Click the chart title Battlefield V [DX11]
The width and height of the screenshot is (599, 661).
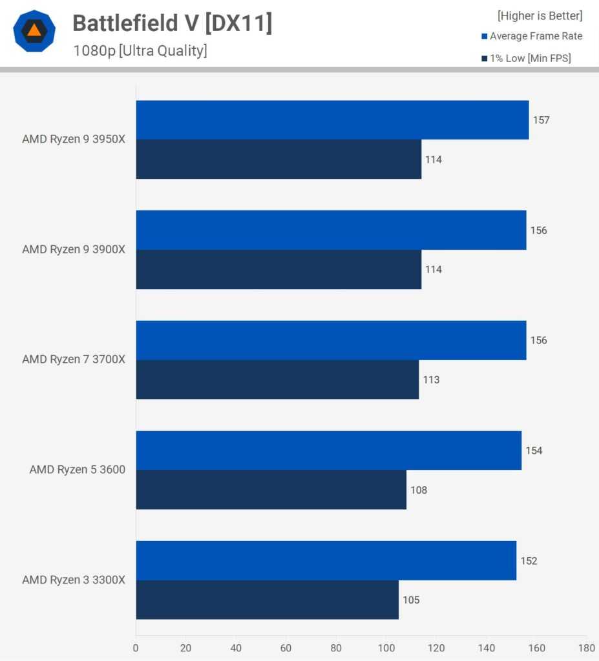(x=173, y=23)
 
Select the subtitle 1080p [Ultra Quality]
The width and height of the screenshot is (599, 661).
(x=140, y=51)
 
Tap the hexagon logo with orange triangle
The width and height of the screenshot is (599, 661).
(x=34, y=31)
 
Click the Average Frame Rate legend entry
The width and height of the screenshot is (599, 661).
(x=532, y=36)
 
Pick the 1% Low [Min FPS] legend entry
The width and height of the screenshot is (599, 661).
(x=526, y=58)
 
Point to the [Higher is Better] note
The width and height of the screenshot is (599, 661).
(x=540, y=15)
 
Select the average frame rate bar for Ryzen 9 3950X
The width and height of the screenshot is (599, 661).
(x=332, y=120)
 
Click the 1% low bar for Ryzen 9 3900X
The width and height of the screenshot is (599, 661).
(x=278, y=269)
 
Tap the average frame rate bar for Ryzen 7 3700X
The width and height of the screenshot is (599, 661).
(x=331, y=340)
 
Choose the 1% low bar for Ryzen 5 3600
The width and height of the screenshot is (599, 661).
(x=271, y=489)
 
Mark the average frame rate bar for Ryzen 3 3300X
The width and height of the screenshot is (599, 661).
(x=326, y=560)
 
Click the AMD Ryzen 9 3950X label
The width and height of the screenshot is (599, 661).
(x=74, y=139)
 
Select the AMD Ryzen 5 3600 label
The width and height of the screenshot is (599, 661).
(x=78, y=469)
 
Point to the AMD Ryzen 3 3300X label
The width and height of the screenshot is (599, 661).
(x=74, y=580)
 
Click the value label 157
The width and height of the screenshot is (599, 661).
(x=541, y=120)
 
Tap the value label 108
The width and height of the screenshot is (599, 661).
(x=419, y=490)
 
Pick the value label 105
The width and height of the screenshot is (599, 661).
(x=411, y=600)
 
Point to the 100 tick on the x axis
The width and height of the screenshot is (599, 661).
(x=386, y=648)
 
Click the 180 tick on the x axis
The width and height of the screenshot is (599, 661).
(x=586, y=648)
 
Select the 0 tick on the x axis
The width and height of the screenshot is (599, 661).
(x=136, y=648)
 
